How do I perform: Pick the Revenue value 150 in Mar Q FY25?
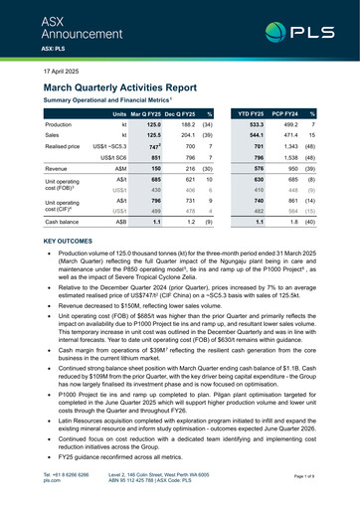[x=154, y=170]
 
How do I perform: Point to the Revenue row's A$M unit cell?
[x=118, y=170]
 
